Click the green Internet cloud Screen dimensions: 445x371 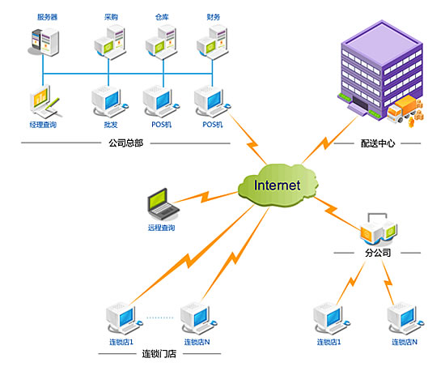click(278, 185)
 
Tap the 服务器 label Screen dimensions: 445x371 click(48, 17)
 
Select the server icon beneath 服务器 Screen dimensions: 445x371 click(44, 42)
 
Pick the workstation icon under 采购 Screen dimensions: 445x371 click(110, 42)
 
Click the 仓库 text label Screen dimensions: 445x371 click(162, 17)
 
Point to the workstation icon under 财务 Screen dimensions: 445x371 click(213, 42)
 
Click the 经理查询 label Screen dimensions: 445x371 click(43, 125)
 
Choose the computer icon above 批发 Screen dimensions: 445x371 click(109, 102)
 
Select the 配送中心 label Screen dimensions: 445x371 click(378, 143)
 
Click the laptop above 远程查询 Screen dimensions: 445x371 click(163, 204)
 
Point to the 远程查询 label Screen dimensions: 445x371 click(161, 228)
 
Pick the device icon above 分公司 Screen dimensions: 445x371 click(379, 229)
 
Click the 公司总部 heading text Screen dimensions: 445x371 click(125, 143)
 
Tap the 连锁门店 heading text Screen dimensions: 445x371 click(159, 354)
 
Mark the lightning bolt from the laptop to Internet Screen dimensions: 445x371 click(205, 197)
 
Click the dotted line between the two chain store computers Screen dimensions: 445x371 click(159, 318)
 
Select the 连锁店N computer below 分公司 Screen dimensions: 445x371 click(405, 318)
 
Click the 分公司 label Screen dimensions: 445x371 click(378, 253)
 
